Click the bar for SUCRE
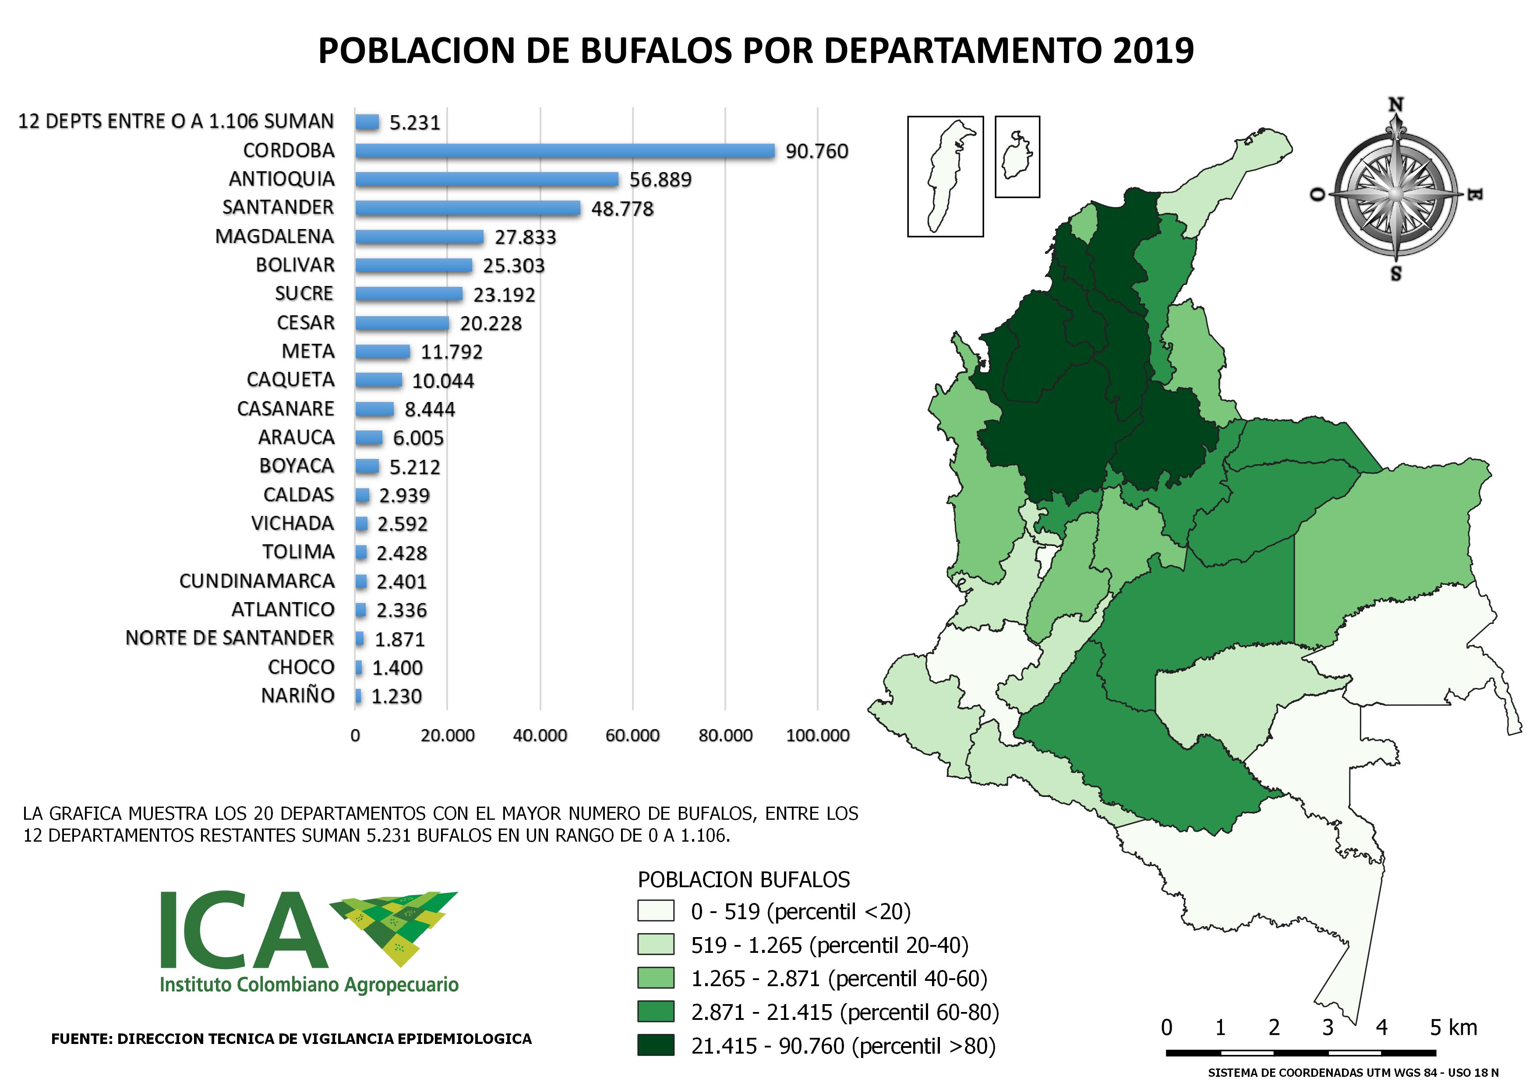pyautogui.click(x=408, y=293)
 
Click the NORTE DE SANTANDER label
pyautogui.click(x=230, y=638)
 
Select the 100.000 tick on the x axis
pyautogui.click(x=818, y=736)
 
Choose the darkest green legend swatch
pyautogui.click(x=656, y=1045)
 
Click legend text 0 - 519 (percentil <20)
pyautogui.click(x=801, y=911)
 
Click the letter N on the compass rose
pyautogui.click(x=1395, y=106)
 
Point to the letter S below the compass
pyautogui.click(x=1395, y=274)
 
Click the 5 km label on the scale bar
pyautogui.click(x=1453, y=1028)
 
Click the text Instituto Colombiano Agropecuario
pyautogui.click(x=309, y=985)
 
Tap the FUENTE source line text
pyautogui.click(x=292, y=1039)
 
